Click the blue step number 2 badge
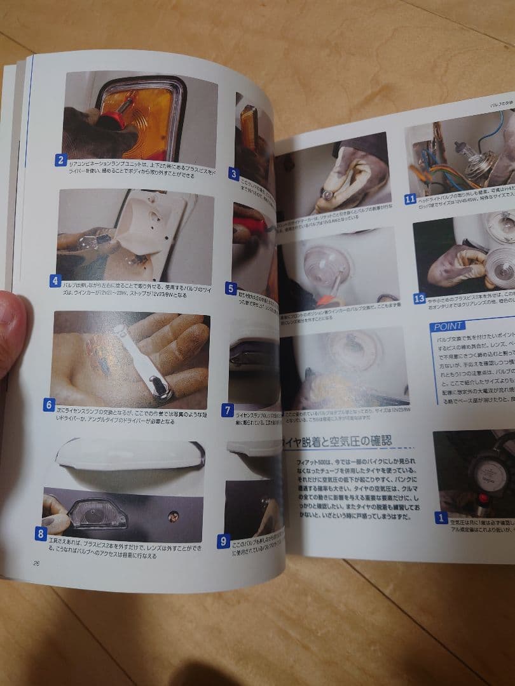60,160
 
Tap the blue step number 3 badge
234,173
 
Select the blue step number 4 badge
55,280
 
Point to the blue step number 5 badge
231,288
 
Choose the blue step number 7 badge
227,411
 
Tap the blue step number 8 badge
41,534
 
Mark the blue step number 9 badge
223,542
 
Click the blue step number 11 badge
411,199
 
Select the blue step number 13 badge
419,298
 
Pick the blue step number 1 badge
441,517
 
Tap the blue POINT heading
448,326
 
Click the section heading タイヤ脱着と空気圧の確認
337,441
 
